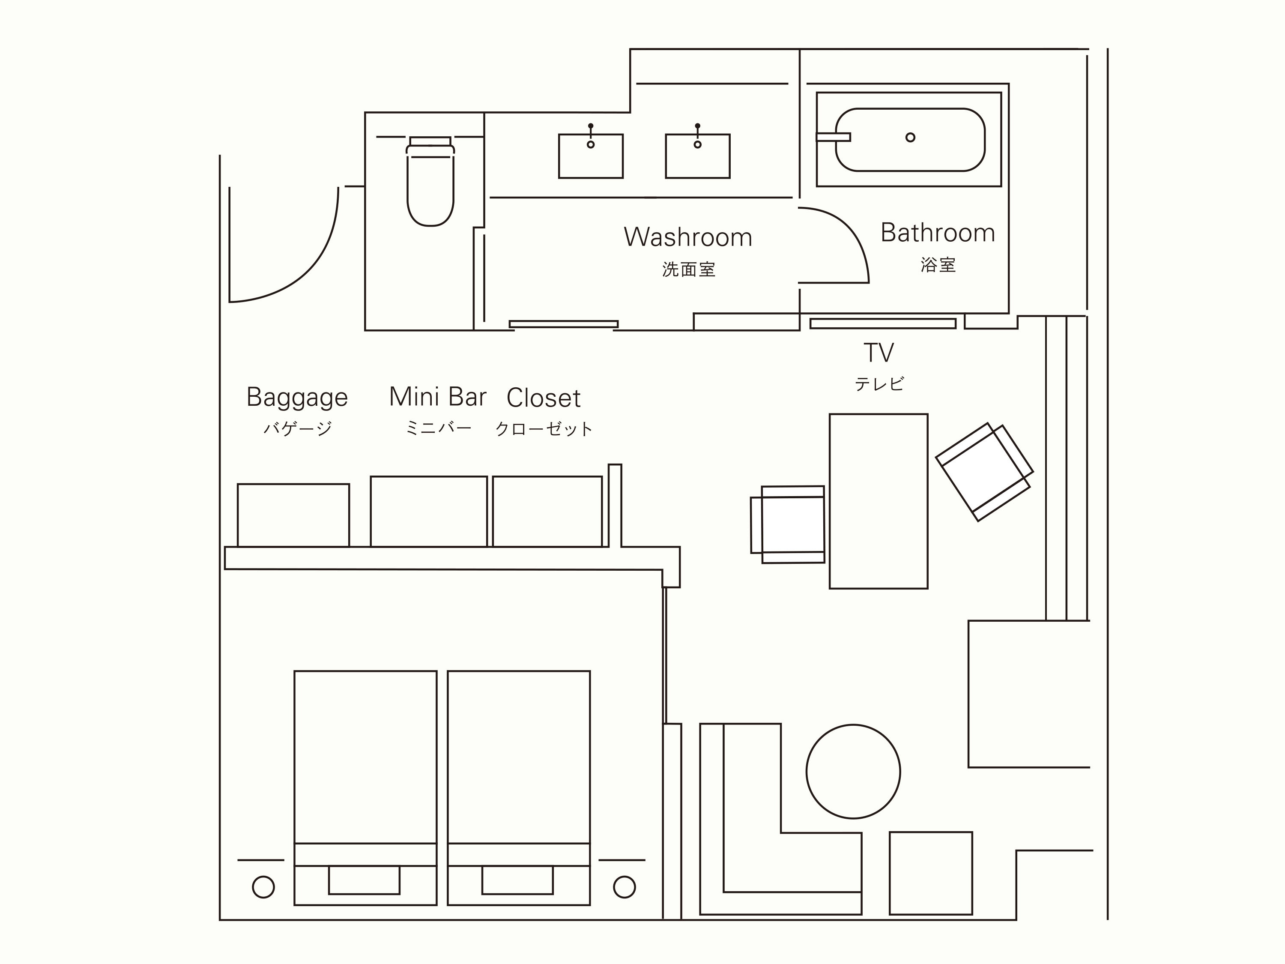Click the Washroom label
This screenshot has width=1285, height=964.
coord(688,237)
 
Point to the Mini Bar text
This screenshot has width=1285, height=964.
coord(437,397)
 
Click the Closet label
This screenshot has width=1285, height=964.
coord(543,398)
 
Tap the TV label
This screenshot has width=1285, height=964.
coord(879,353)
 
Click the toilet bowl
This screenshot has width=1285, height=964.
coord(430,189)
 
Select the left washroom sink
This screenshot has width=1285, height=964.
coord(591,156)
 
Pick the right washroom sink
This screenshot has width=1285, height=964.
coord(698,156)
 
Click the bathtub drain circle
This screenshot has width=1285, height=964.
coord(910,138)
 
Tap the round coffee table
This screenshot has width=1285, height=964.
coord(853,771)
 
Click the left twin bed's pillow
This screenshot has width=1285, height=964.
coord(364,880)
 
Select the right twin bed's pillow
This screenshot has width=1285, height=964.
coord(517,880)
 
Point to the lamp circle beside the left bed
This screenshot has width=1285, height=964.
coord(263,887)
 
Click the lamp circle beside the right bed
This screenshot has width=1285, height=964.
coord(625,887)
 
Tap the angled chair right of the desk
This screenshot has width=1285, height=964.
coord(984,472)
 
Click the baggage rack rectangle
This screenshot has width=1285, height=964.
coord(293,515)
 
